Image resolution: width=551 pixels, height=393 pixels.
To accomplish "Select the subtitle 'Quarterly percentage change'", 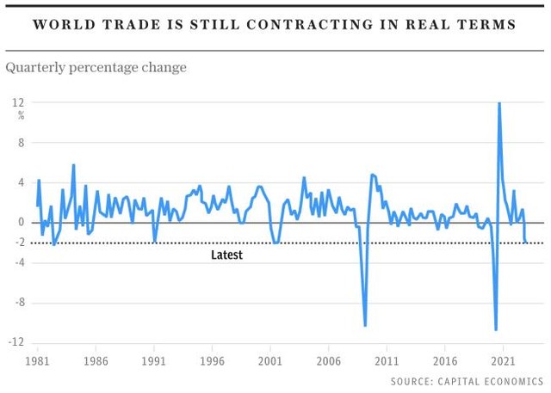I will (x=96, y=66).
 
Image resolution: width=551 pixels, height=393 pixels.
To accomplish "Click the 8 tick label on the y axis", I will (x=22, y=143).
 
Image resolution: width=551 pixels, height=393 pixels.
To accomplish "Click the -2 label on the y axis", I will (x=17, y=243).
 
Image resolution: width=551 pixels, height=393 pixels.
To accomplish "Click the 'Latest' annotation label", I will (x=226, y=255).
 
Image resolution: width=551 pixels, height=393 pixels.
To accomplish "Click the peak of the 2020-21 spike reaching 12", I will (x=499, y=104).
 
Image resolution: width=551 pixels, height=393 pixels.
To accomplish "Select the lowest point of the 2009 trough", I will (x=365, y=325).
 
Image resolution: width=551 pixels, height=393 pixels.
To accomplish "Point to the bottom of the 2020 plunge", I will (x=496, y=329).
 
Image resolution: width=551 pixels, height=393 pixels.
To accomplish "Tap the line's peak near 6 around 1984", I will (x=73, y=165).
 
